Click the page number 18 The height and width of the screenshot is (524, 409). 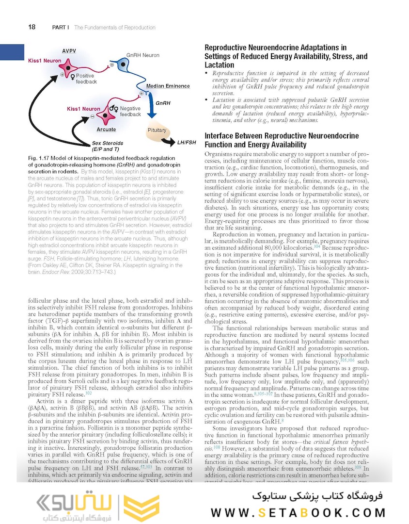pyautogui.click(x=31, y=27)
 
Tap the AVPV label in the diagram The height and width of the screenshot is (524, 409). pyautogui.click(x=69, y=51)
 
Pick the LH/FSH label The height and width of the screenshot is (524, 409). pyautogui.click(x=187, y=143)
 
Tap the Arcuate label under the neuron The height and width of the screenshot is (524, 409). pyautogui.click(x=106, y=130)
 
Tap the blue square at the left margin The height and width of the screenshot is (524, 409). pyautogui.click(x=12, y=52)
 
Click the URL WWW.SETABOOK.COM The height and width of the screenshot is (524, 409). pyautogui.click(x=298, y=512)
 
